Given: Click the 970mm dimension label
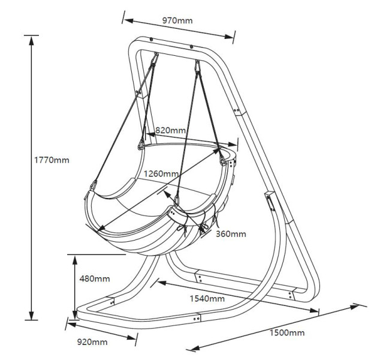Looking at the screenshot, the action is coord(177,20).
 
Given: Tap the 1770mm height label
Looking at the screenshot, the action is coord(52,160).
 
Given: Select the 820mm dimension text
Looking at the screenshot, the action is coord(170,130).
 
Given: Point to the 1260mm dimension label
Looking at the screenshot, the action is coord(161,173).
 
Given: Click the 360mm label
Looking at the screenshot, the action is coord(231,234).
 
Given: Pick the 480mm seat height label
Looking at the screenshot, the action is coord(95,278).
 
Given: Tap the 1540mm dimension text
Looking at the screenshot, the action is coord(207,299).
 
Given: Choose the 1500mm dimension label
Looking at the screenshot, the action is coord(287,333).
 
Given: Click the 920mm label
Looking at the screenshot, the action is coord(92,342).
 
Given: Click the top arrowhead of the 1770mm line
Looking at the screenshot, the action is coord(31,41).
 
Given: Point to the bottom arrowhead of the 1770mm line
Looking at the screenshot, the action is coord(31,315).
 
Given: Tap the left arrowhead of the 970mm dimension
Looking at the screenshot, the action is coord(128,20).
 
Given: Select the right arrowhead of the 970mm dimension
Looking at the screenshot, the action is coord(229,36).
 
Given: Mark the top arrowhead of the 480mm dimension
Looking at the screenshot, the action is coord(75,260).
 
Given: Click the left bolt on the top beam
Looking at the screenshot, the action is coord(151,40).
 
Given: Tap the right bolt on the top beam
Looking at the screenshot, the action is coord(191,47).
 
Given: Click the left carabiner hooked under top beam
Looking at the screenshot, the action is coord(155,58).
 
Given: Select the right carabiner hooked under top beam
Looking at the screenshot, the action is coord(198,66).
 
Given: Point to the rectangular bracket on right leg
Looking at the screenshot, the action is coord(270,201).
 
